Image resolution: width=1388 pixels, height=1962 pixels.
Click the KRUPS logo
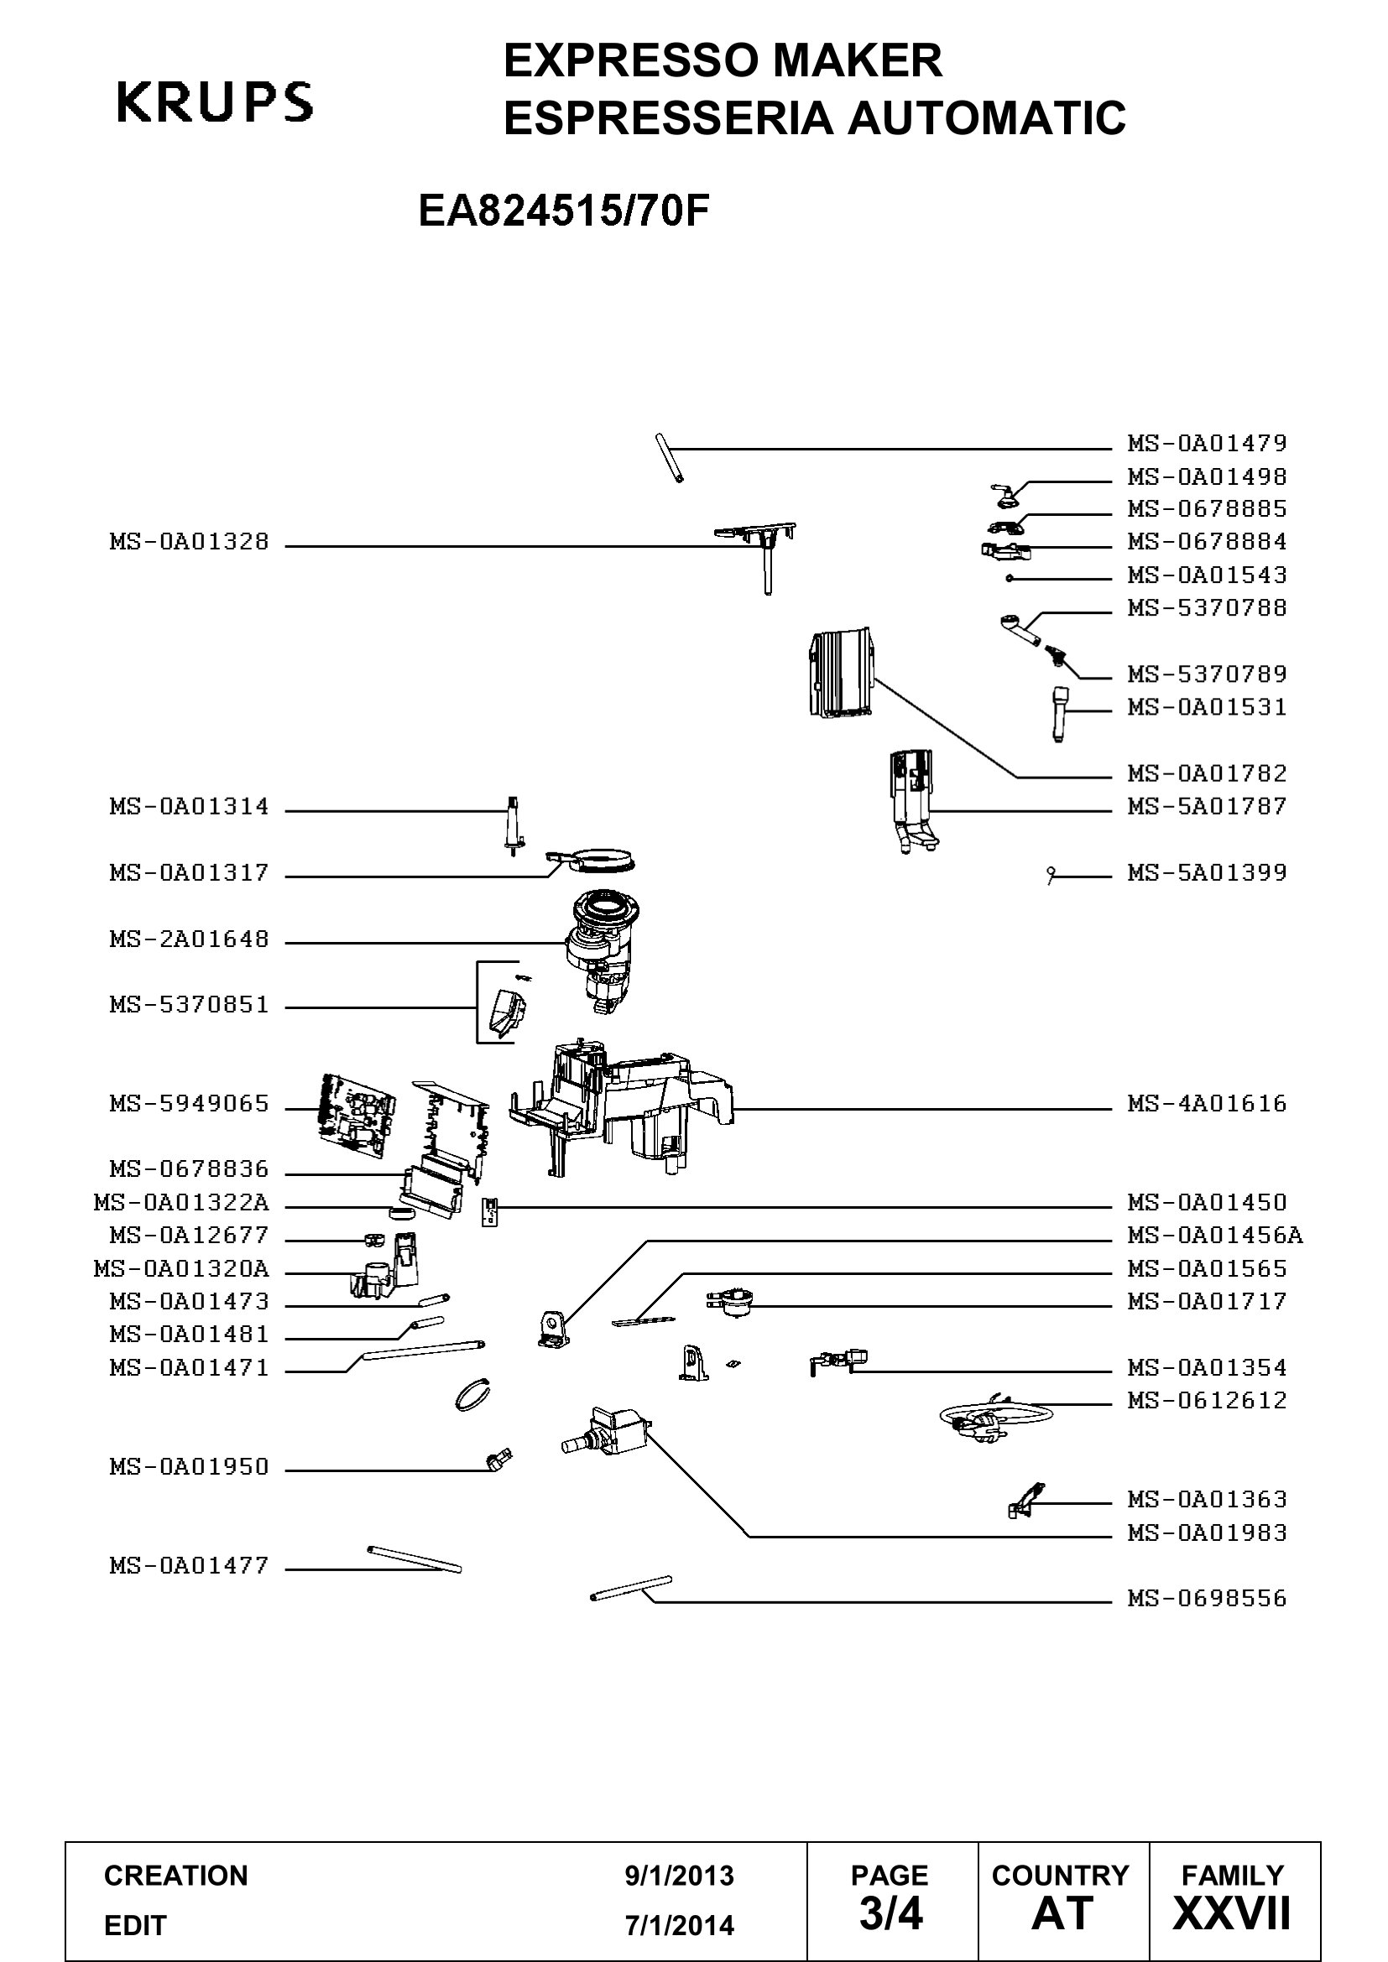(215, 102)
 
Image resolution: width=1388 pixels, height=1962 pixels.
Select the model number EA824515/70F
(564, 211)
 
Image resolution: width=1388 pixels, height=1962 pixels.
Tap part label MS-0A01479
(1207, 443)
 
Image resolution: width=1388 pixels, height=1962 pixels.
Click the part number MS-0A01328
(189, 541)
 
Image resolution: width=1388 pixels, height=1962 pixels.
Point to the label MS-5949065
(189, 1103)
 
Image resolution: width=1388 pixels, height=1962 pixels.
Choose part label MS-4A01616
(1207, 1103)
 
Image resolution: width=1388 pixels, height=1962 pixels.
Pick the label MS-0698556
(1207, 1598)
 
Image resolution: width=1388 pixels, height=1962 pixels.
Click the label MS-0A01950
(189, 1466)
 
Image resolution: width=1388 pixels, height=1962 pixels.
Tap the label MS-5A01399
(1207, 872)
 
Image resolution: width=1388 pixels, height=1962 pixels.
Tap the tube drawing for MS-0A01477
(414, 1559)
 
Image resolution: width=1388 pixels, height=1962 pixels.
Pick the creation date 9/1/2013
(680, 1876)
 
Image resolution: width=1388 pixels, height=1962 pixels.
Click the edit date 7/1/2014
(680, 1925)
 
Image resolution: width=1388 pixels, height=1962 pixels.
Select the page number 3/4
(890, 1913)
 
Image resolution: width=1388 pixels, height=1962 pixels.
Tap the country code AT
(1062, 1913)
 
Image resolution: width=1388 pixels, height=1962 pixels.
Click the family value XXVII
(1232, 1913)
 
